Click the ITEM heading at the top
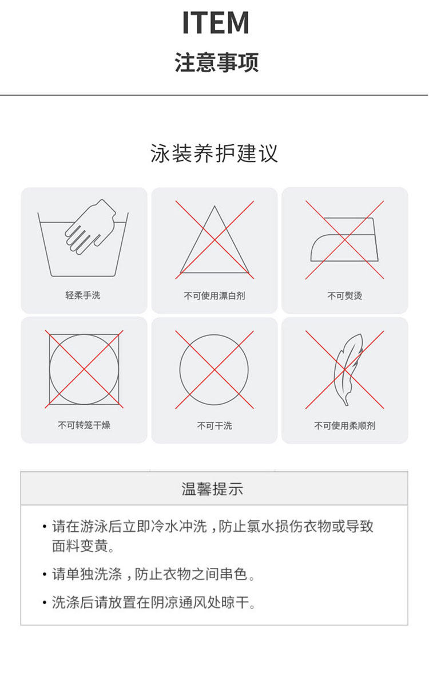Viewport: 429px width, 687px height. (216, 23)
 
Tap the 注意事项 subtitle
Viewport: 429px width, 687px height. (217, 62)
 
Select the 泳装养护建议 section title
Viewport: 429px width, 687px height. (214, 153)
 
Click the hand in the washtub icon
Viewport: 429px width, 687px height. (91, 227)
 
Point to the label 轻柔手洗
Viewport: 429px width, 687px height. (83, 295)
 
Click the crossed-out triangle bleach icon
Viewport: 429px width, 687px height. (214, 240)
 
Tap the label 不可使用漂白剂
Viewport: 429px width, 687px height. (214, 295)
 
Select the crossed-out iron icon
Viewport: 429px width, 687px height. (345, 240)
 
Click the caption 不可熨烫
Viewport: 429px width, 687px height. (345, 295)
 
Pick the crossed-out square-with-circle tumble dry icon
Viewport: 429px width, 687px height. (84, 369)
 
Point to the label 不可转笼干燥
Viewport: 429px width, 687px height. (84, 425)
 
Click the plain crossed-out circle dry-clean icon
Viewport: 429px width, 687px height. (214, 370)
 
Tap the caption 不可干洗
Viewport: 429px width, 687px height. (214, 426)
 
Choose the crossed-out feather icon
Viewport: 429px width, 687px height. (345, 370)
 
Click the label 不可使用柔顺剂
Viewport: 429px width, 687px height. (345, 426)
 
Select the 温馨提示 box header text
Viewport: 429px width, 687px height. (212, 488)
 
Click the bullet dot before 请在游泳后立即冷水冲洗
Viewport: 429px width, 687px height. (45, 527)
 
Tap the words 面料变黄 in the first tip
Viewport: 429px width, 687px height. (80, 546)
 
